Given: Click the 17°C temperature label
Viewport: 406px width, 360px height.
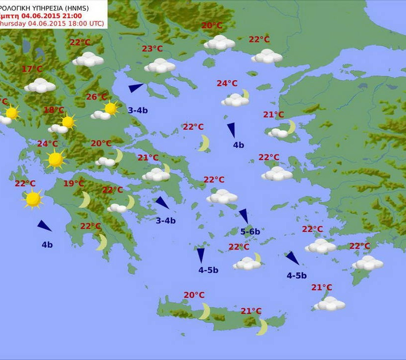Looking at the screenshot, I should click(x=32, y=69).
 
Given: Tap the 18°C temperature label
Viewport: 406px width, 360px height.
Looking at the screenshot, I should click(x=54, y=110).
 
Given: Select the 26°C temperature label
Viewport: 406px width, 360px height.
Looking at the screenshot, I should click(x=97, y=97).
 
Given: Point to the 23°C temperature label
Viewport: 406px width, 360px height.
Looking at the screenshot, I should click(x=152, y=49).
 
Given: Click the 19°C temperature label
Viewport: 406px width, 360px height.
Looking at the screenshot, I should click(x=74, y=184).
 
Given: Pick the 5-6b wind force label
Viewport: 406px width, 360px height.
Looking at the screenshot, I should click(x=250, y=231).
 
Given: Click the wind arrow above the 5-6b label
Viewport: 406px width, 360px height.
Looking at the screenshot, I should click(x=244, y=215).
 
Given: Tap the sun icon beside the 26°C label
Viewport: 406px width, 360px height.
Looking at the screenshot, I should click(x=110, y=108).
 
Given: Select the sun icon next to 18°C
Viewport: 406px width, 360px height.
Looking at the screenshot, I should click(x=68, y=121).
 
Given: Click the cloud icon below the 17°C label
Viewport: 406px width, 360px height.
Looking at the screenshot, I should click(x=40, y=86).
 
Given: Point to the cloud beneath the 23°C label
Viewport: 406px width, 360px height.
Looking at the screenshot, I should click(x=159, y=65).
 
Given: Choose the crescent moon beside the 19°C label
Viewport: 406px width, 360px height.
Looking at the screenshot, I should click(x=85, y=200).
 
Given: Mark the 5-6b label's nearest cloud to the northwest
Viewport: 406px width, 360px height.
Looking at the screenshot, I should click(x=222, y=197).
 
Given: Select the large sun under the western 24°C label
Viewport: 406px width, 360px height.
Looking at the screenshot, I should click(x=55, y=159).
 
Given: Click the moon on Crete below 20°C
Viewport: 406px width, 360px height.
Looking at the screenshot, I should click(x=204, y=311).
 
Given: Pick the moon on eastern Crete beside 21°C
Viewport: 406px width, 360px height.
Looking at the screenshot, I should click(x=262, y=327).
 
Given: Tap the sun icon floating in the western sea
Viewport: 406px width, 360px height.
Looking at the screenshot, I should click(x=33, y=199).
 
